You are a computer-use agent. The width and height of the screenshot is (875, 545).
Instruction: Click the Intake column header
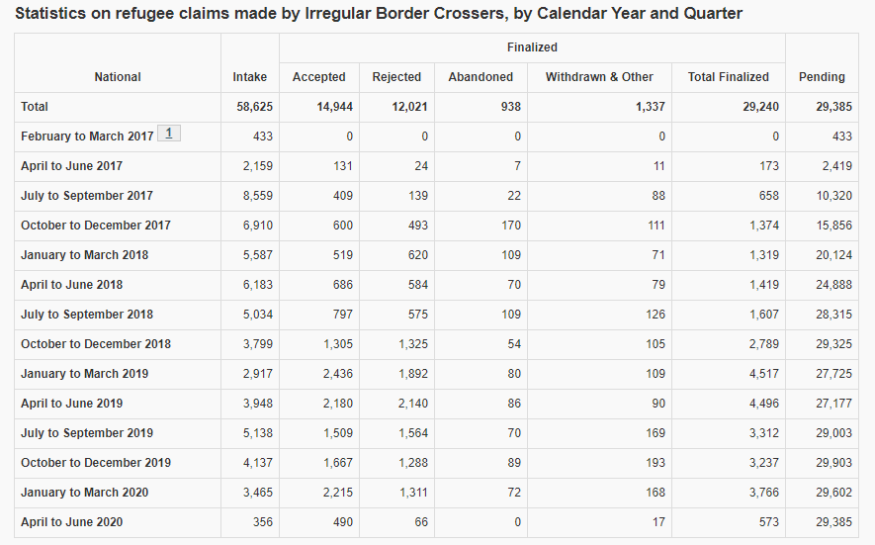pos(250,77)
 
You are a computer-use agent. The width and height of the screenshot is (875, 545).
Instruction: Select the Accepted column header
pos(318,77)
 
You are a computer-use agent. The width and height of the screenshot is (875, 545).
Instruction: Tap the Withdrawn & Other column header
pos(599,77)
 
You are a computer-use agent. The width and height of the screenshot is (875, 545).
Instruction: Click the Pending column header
pos(822,77)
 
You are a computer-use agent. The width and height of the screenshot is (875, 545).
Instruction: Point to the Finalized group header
pos(532,47)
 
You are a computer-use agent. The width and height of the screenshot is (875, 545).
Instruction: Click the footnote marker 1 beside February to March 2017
pos(168,134)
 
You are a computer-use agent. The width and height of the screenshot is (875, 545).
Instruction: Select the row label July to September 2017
pos(87,196)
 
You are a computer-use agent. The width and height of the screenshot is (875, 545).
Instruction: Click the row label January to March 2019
pos(85,374)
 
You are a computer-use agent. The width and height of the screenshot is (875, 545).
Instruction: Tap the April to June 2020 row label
pos(72,522)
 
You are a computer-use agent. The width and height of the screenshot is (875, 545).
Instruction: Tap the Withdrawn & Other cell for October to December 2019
pos(653,463)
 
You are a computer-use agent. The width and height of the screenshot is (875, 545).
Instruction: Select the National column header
pos(118,77)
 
